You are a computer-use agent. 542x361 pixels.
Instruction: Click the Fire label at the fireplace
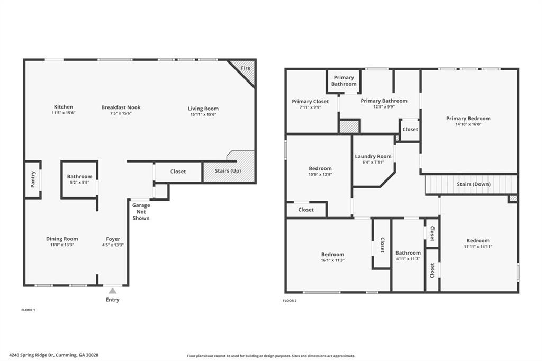[x=246, y=68]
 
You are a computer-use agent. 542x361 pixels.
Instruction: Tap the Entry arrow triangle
[x=112, y=291]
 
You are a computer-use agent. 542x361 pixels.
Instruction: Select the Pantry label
[x=33, y=179]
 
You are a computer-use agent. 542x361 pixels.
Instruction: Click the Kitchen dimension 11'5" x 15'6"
[x=64, y=113]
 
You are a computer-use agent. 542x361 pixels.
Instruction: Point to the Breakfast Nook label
[x=121, y=107]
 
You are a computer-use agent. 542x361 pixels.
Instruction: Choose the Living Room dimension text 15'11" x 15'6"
[x=203, y=114]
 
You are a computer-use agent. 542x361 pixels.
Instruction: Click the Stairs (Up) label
[x=229, y=171]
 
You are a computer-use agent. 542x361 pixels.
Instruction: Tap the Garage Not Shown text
[x=141, y=212]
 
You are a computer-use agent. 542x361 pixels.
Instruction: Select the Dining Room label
[x=62, y=239]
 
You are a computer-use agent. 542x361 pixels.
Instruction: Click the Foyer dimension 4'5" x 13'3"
[x=113, y=245]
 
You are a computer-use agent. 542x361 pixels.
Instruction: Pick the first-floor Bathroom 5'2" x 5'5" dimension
[x=79, y=183]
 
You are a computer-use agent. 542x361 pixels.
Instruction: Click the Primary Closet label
[x=310, y=101]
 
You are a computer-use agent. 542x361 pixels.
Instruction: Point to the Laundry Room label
[x=373, y=156]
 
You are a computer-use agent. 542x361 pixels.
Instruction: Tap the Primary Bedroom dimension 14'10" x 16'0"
[x=468, y=125]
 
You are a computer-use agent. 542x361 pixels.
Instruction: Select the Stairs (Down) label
[x=473, y=184]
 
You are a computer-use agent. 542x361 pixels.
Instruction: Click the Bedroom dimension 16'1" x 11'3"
[x=332, y=260]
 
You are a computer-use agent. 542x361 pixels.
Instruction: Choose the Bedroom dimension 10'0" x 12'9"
[x=320, y=175]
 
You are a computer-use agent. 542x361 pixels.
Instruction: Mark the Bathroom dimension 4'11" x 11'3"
[x=408, y=259]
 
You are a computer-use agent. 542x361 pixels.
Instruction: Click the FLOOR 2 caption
[x=290, y=301]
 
